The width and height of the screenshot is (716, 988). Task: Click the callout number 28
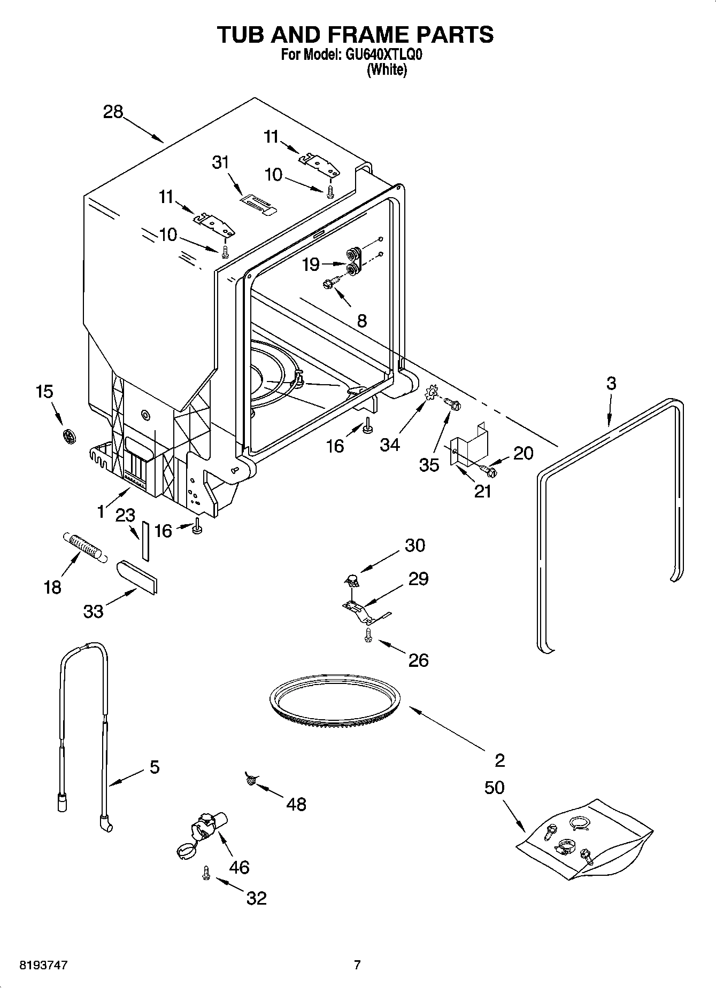113,112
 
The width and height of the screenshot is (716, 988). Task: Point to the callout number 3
611,383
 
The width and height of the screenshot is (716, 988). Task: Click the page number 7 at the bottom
357,964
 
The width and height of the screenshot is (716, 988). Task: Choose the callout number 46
239,867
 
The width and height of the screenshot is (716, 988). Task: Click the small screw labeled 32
206,873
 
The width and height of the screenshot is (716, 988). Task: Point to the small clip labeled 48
250,781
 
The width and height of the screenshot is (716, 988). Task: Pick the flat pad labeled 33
137,577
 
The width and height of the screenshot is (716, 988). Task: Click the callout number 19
311,264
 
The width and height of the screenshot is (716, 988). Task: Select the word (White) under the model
386,69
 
